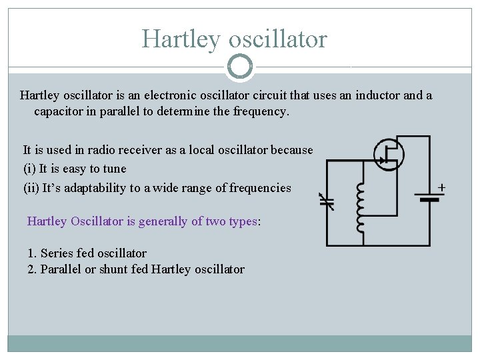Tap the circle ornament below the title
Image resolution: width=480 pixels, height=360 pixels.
240,67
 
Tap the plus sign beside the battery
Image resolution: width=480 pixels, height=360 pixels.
441,187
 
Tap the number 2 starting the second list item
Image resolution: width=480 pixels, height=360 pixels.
31,269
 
